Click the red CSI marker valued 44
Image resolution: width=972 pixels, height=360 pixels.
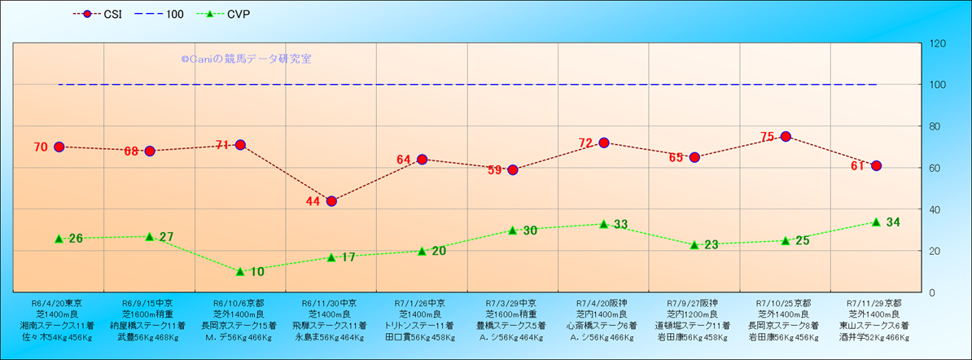tap(331, 201)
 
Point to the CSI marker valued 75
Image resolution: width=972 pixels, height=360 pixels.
tap(786, 137)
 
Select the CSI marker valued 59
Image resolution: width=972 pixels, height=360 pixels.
tap(513, 170)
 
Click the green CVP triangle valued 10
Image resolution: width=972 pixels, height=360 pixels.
tap(240, 271)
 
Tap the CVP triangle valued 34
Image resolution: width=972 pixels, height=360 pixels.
tap(876, 222)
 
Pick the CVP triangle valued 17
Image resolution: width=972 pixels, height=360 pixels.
tap(331, 257)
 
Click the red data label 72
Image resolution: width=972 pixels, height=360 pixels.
tap(586, 143)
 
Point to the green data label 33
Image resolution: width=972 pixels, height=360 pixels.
tap(620, 224)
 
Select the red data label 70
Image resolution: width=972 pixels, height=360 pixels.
tap(41, 147)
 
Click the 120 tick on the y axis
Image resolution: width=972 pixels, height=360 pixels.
tap(938, 43)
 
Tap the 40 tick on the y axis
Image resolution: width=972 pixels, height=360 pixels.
tap(935, 209)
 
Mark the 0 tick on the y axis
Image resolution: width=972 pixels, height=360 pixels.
tap(932, 292)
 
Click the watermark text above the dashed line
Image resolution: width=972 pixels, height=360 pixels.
tap(246, 59)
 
